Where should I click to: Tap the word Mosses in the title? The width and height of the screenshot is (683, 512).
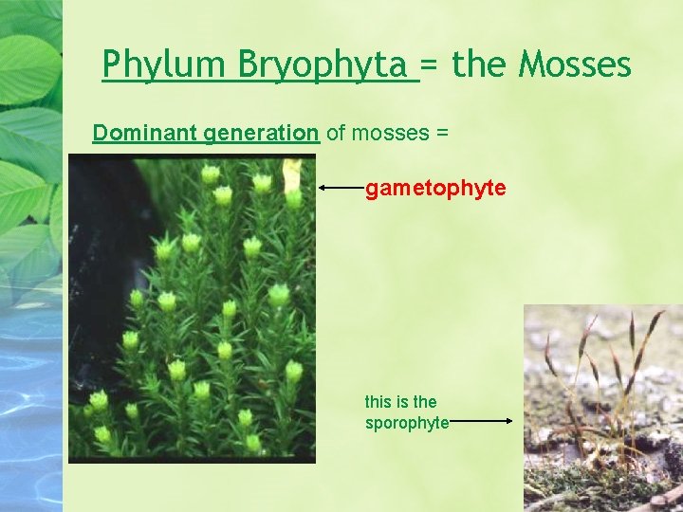[575, 65]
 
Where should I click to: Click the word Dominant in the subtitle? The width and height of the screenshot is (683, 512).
[144, 133]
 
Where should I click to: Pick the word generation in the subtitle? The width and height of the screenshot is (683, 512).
[261, 133]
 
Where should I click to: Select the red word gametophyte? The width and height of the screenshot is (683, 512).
[435, 189]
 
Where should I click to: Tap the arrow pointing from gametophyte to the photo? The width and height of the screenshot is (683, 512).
[341, 189]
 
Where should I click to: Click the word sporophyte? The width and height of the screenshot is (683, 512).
[406, 423]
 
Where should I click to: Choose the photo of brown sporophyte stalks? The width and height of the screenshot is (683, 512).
[602, 408]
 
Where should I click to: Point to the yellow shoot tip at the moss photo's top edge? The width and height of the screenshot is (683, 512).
[292, 175]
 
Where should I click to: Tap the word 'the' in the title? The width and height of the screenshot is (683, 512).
[480, 65]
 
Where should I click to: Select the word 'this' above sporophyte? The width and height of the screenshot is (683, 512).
[378, 402]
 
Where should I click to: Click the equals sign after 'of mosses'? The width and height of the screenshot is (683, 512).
[441, 133]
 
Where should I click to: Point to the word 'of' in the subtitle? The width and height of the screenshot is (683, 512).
[336, 133]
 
